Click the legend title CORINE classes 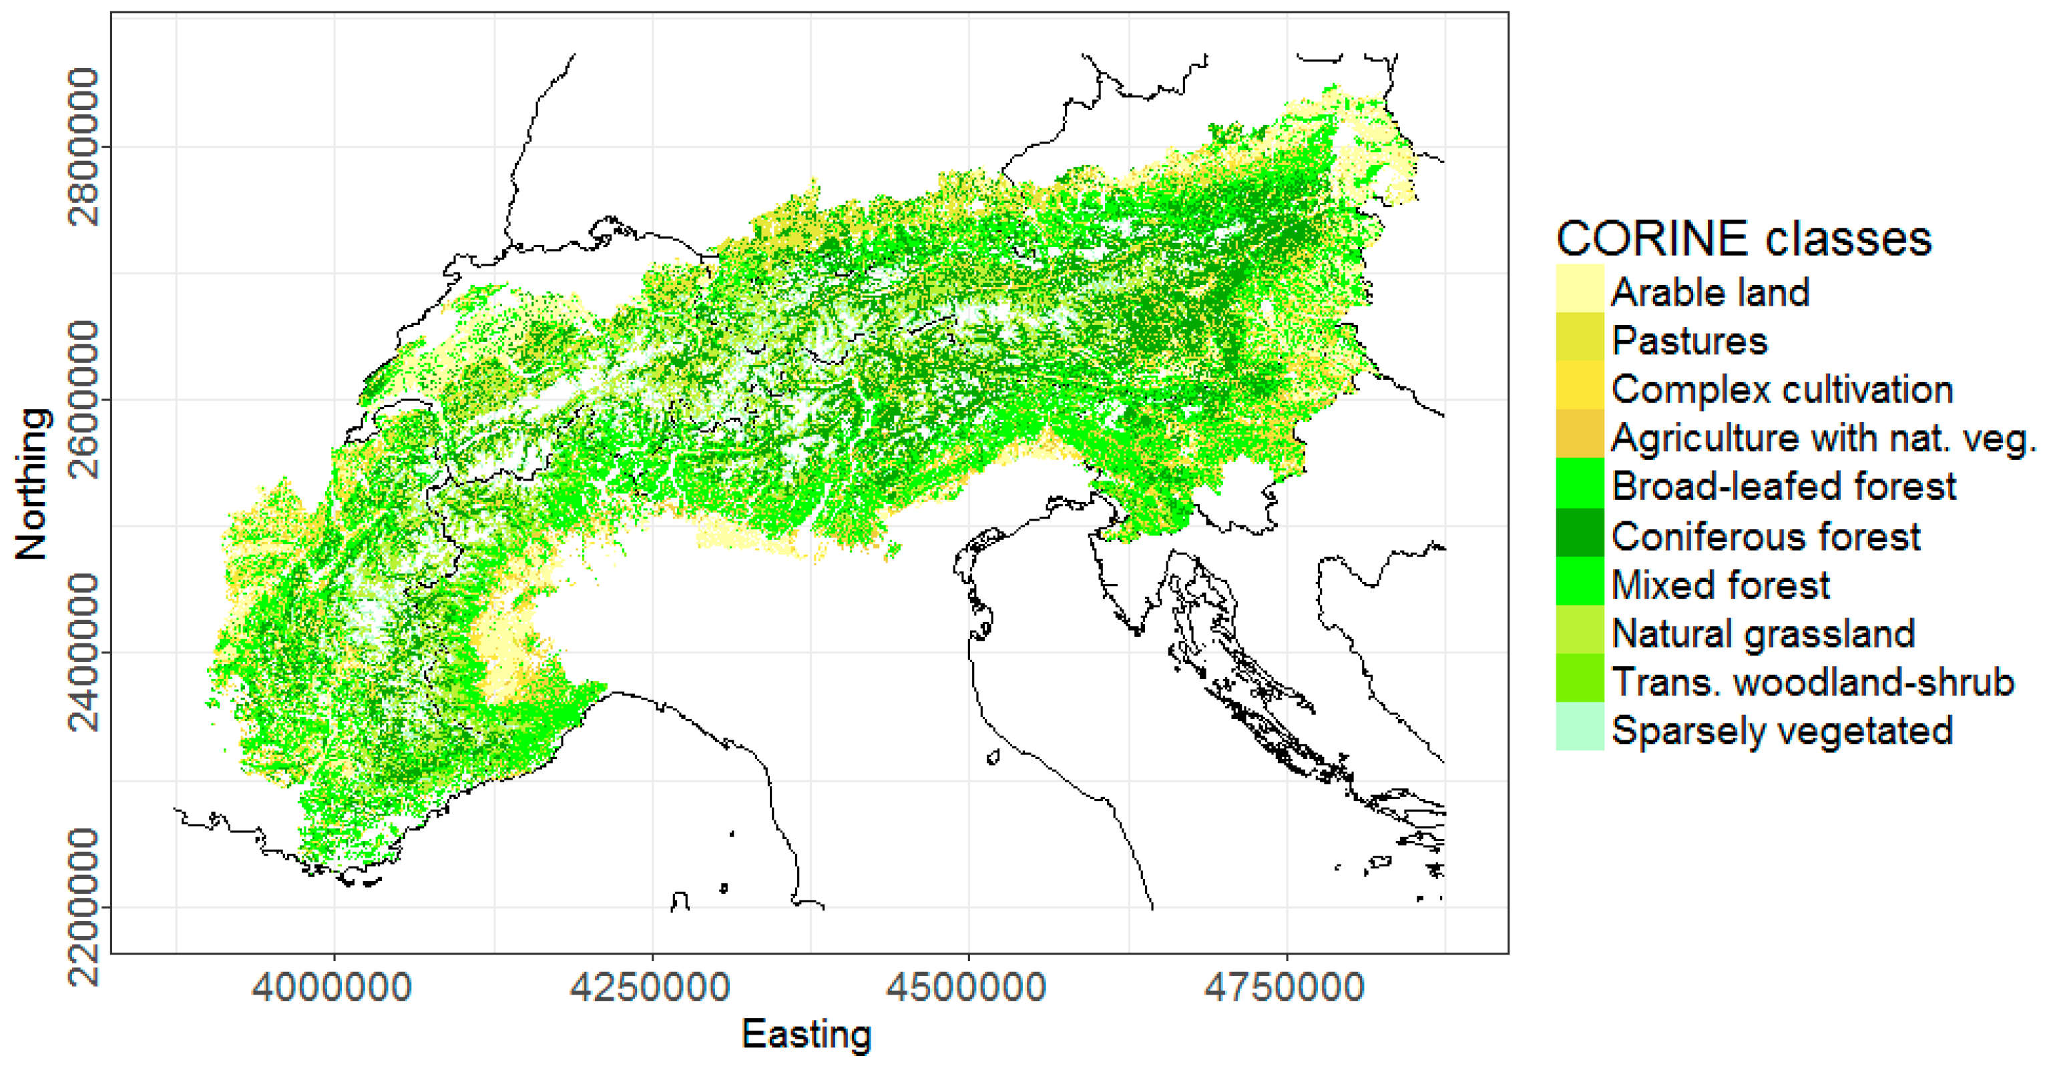(x=1744, y=238)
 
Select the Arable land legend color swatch (x=1580, y=289)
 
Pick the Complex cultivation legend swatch (x=1580, y=386)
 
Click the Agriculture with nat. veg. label (x=1823, y=438)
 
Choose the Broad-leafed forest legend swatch (x=1580, y=483)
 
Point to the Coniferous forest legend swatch (x=1580, y=533)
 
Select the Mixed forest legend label (x=1720, y=585)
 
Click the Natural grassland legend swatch (x=1580, y=629)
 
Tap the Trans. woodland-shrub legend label (x=1812, y=682)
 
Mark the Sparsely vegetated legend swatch (x=1580, y=727)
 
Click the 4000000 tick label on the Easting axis (x=332, y=988)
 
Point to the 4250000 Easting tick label (x=650, y=988)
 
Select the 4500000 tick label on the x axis (x=967, y=988)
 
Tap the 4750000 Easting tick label (x=1285, y=988)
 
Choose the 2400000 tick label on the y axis (x=83, y=653)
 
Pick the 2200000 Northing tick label (x=83, y=906)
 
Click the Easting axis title (x=807, y=1034)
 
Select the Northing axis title (x=32, y=483)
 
